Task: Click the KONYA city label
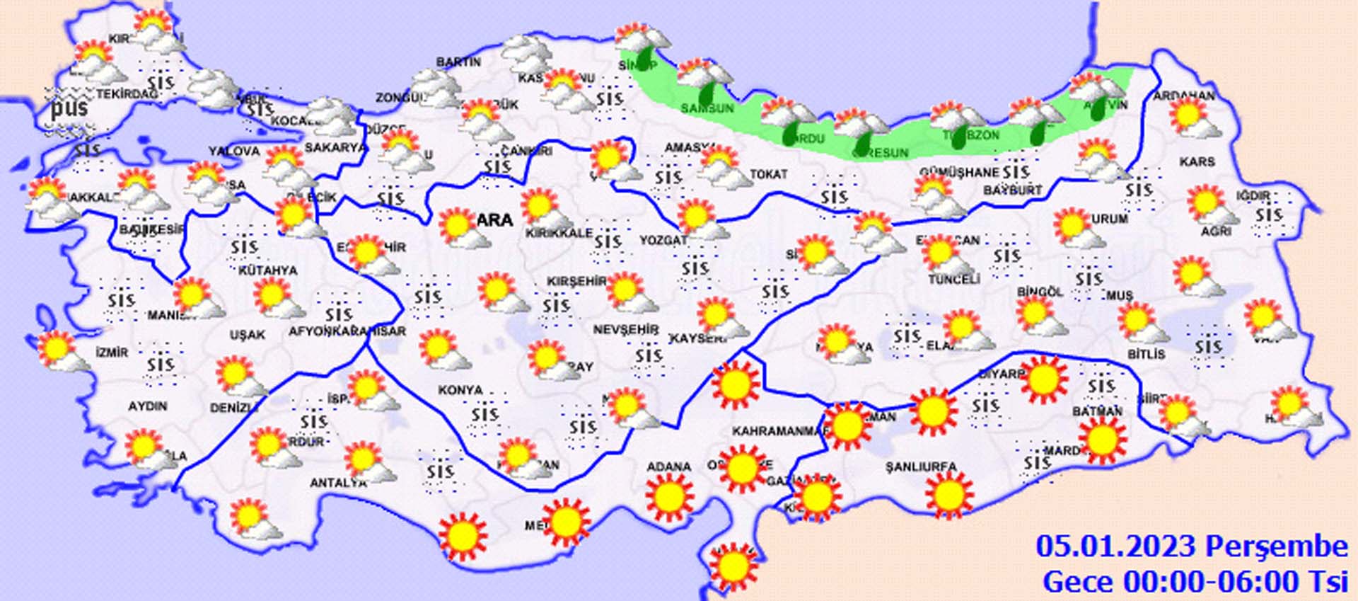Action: tap(460, 390)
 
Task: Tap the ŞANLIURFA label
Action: tap(921, 467)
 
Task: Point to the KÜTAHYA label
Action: tap(267, 270)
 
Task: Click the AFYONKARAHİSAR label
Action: tap(347, 331)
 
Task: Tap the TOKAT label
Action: tap(768, 174)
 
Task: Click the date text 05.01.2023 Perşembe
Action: tap(1191, 546)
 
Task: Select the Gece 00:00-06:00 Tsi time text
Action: tap(1195, 582)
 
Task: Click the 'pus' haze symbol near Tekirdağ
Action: tap(69, 108)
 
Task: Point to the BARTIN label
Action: tap(458, 62)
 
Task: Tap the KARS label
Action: tap(1197, 162)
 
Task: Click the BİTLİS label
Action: tap(1146, 354)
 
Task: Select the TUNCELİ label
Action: tap(954, 280)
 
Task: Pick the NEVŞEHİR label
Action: tap(625, 330)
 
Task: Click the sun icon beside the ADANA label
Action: tap(668, 497)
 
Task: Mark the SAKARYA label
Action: tap(335, 148)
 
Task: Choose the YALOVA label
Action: tap(234, 151)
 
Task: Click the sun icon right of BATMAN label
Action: tap(1102, 439)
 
